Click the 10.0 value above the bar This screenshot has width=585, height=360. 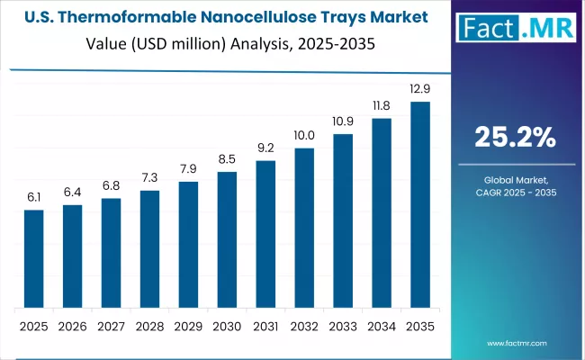point(304,136)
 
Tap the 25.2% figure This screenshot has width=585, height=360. point(515,137)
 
